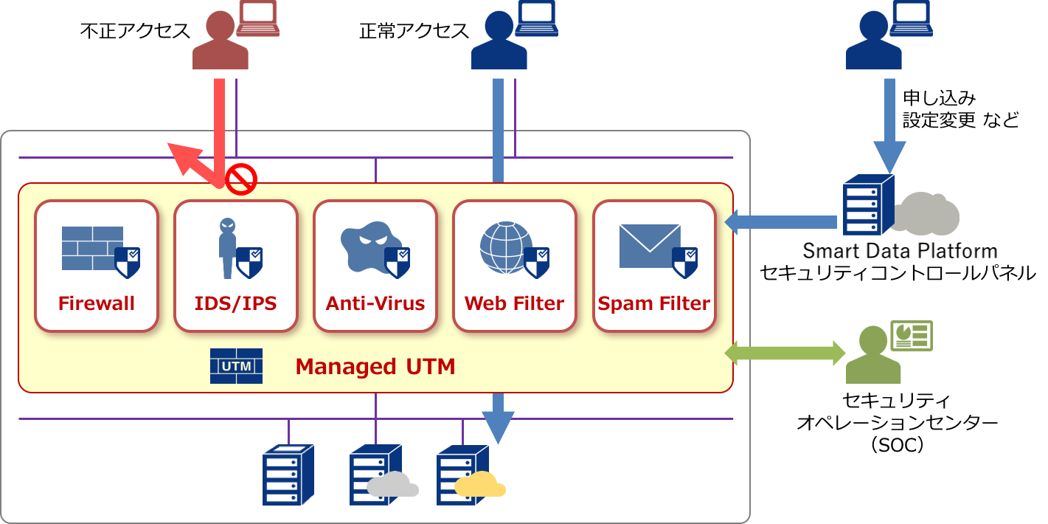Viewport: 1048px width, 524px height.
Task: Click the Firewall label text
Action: (x=97, y=303)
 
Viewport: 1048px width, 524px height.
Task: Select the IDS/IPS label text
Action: (x=235, y=303)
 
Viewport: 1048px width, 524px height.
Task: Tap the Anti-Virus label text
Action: (x=375, y=303)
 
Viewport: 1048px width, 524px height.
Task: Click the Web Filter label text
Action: (x=514, y=303)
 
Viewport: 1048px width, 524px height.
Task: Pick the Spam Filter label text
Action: (x=654, y=303)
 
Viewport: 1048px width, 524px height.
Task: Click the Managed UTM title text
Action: (x=375, y=367)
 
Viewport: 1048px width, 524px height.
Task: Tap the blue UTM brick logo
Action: (x=236, y=366)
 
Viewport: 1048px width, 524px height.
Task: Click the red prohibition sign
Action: (x=241, y=179)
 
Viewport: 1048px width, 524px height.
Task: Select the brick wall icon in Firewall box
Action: (x=92, y=248)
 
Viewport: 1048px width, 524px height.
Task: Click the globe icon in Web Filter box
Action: (x=505, y=247)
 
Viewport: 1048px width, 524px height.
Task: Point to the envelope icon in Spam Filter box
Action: (x=649, y=246)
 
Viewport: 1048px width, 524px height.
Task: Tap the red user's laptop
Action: (x=257, y=19)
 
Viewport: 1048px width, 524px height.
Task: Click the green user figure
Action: (x=873, y=356)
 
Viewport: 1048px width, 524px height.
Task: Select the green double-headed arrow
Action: (x=785, y=353)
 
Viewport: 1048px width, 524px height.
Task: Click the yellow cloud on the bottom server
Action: (x=480, y=484)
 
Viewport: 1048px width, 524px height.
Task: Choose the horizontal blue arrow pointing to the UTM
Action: (x=782, y=222)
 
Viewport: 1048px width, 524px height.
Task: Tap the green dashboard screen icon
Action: (x=912, y=336)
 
